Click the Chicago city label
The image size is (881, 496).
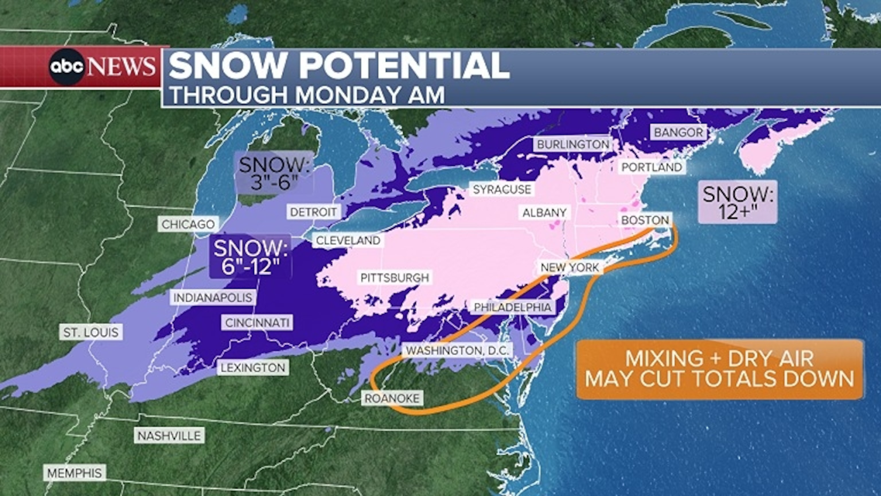point(188,224)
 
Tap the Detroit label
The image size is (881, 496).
point(313,212)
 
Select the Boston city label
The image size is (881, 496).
point(645,220)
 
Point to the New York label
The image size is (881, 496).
point(570,267)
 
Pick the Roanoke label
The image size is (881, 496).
point(392,398)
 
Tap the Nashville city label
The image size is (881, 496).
point(169,436)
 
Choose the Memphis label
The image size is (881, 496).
point(75,473)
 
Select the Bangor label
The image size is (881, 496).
point(679,133)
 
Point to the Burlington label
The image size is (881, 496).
point(573,144)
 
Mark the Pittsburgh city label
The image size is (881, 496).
point(395,278)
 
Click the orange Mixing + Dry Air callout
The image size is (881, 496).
point(720,369)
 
